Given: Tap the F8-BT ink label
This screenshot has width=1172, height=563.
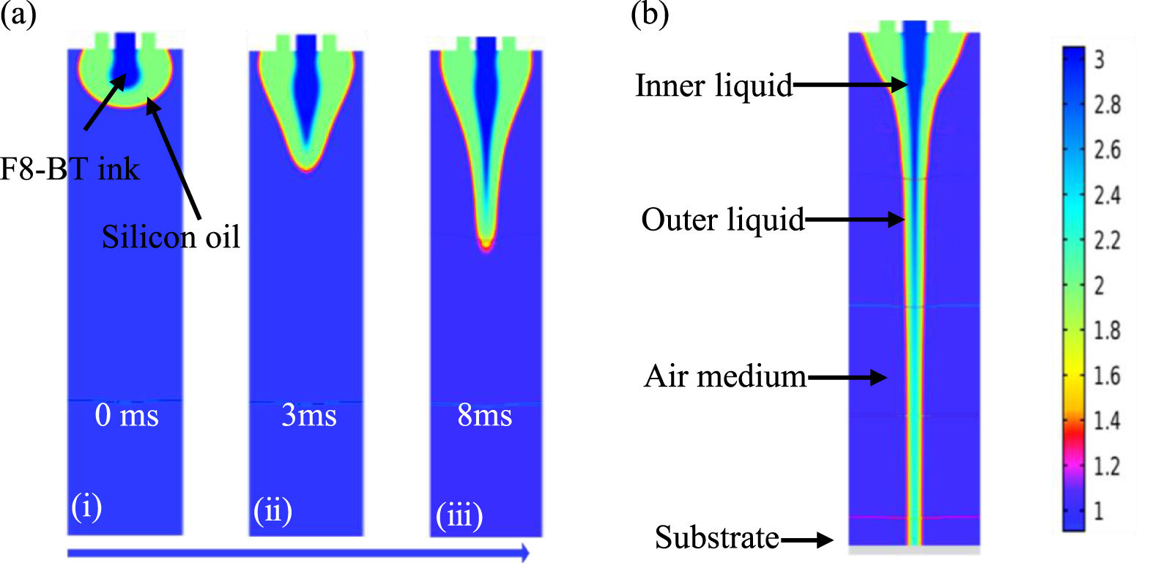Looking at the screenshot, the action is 70,169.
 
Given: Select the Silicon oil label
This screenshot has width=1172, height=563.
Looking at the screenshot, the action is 171,236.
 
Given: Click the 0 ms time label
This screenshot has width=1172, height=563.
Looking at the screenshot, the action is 127,416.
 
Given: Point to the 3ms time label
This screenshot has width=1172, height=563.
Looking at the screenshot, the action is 308,416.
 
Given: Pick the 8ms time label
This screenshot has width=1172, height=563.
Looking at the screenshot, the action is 484,416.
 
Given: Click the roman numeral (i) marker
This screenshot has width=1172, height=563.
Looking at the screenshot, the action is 86,507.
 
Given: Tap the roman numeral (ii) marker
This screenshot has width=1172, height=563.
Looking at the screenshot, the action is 272,511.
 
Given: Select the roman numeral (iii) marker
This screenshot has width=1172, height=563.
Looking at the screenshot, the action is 459,516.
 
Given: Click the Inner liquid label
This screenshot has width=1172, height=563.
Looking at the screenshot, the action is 713,85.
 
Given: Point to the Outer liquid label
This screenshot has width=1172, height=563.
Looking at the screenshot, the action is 722,220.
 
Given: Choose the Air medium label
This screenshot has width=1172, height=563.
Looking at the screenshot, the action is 725,376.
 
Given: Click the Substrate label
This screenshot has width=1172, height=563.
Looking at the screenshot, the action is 717,537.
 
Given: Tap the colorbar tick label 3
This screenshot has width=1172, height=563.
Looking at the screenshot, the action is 1099,60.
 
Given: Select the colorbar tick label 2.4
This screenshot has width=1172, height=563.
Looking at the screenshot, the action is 1107,195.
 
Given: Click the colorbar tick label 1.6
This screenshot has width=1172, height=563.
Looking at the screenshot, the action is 1107,376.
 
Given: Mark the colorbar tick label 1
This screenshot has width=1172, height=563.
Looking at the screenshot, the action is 1099,511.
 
